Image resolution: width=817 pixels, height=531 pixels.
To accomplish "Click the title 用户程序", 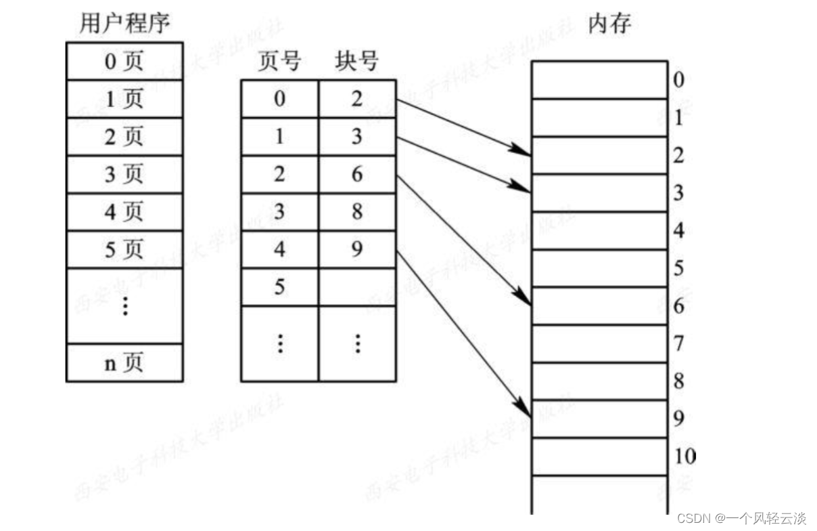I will click(124, 24).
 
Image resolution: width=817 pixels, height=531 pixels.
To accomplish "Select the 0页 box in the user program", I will click(124, 62).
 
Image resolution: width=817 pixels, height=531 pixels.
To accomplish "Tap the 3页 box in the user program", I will click(124, 175).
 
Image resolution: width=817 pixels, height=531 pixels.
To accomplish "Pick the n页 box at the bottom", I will click(124, 363).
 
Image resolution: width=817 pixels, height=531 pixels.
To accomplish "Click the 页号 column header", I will click(279, 62).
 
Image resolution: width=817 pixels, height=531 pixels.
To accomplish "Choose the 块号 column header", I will click(356, 62).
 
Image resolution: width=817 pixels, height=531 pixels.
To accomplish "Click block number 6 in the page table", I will click(356, 175).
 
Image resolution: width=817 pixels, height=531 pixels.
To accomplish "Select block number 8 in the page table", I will click(356, 213).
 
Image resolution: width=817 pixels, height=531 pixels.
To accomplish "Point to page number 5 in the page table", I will click(279, 288).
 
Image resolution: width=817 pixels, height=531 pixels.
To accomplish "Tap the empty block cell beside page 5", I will click(356, 288).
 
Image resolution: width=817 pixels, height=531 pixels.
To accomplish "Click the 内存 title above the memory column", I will click(609, 24).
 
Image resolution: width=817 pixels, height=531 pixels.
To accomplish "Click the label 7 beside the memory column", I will click(678, 344).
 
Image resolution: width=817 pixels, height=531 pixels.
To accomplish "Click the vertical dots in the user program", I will click(124, 306).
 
